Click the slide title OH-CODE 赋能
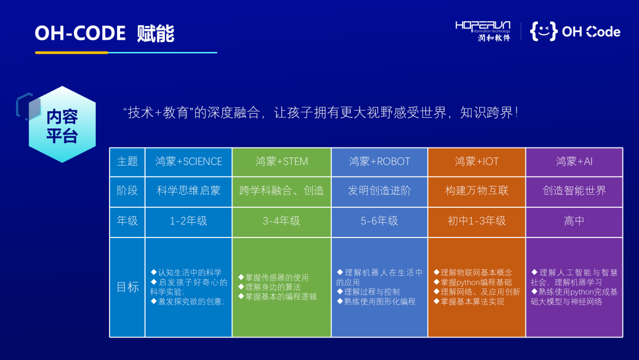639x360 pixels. point(104,33)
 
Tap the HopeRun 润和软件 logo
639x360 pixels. point(483,31)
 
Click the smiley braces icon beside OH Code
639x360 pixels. point(544,31)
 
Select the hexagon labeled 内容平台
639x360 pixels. point(62,124)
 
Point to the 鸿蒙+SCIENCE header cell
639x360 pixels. point(189,162)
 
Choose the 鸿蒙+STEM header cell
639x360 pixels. point(282,162)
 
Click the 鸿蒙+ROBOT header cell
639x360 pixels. point(379,162)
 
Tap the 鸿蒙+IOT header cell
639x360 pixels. point(477,162)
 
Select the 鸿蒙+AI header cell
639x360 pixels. point(574,162)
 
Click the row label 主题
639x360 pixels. point(128,162)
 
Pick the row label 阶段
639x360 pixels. point(128,191)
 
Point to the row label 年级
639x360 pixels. point(128,221)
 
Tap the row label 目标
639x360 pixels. point(128,287)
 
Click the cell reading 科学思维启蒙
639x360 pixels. point(189,191)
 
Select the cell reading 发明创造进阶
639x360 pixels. point(379,191)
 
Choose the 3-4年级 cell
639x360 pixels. point(282,221)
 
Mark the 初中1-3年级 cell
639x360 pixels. point(477,221)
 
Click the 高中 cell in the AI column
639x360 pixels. point(574,221)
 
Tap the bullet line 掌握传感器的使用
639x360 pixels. point(273,278)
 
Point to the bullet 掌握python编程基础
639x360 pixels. point(473,282)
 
